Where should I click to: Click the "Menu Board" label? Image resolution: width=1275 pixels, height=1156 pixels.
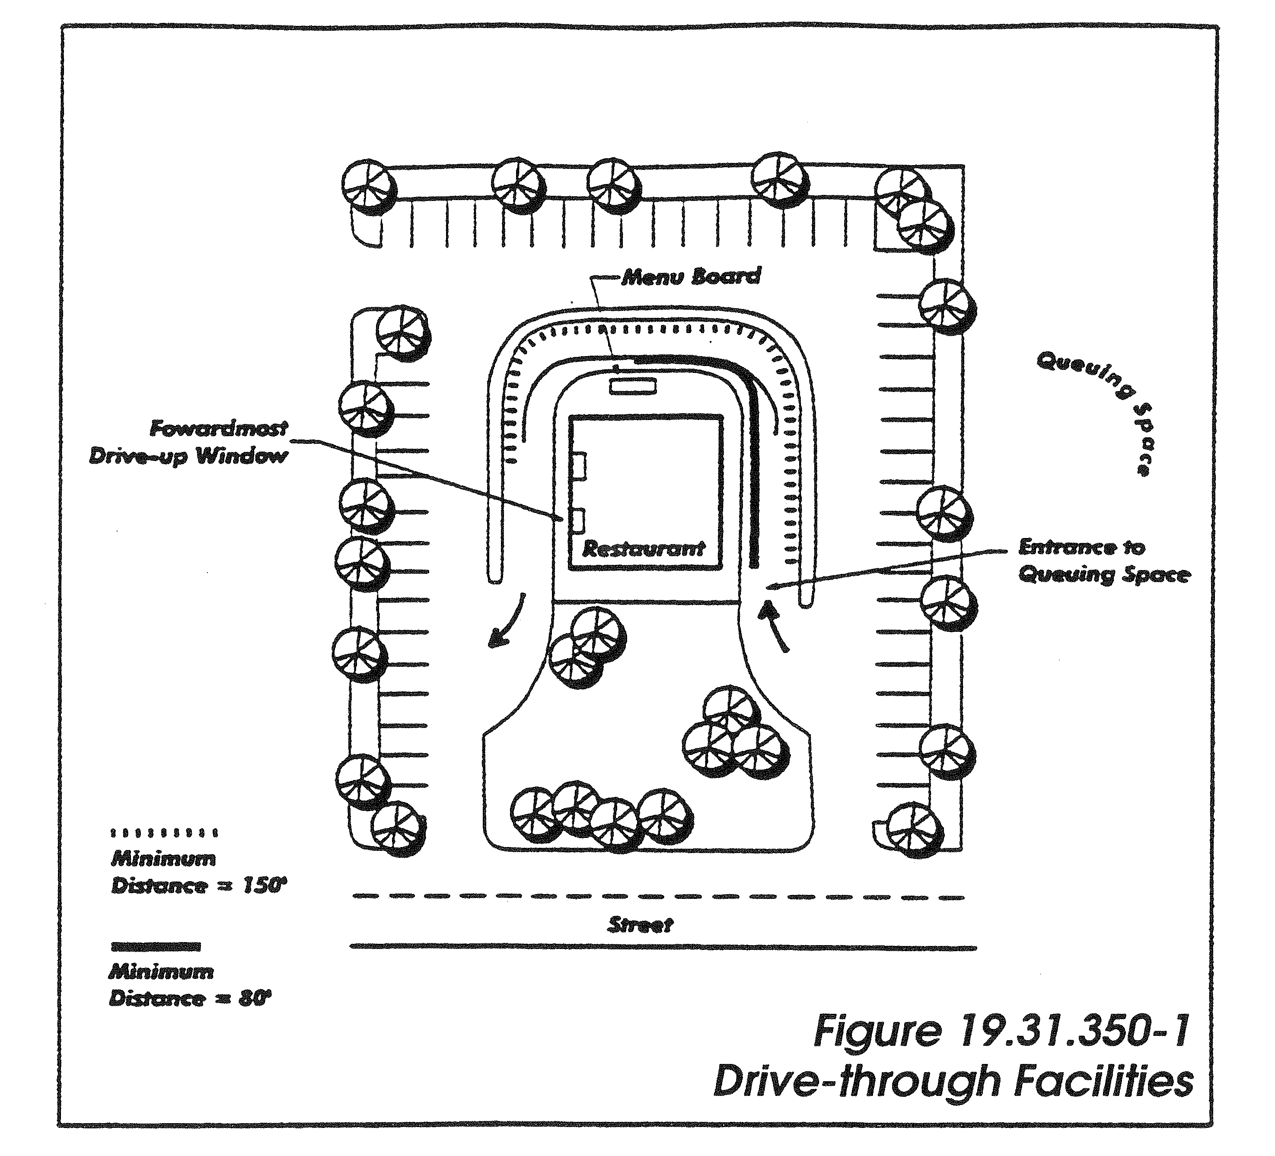[691, 276]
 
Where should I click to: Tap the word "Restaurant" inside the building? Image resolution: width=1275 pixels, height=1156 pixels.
[643, 548]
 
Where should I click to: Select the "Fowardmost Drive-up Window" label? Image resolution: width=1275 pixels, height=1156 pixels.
[188, 443]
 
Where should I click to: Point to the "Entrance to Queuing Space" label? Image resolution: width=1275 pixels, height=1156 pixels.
[1104, 561]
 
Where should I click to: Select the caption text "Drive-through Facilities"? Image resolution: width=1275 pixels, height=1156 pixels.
[953, 1082]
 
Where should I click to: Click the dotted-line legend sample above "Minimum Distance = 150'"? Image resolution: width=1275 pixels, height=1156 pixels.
[164, 833]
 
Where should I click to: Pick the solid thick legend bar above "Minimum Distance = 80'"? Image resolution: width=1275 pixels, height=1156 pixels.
[156, 947]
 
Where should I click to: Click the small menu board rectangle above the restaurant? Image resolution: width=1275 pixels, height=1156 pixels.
[632, 386]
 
